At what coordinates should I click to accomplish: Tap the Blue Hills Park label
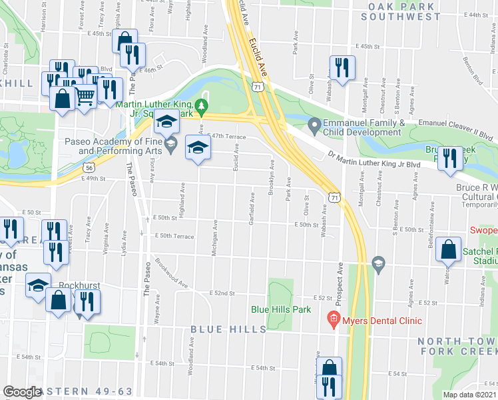(x=281, y=309)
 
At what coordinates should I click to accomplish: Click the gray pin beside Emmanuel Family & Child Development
(x=314, y=125)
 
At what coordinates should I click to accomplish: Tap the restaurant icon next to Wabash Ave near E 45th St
(x=342, y=67)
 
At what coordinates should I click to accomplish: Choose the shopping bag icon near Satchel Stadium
(x=449, y=250)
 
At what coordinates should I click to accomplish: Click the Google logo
(x=22, y=391)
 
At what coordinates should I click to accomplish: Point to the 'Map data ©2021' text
(x=470, y=395)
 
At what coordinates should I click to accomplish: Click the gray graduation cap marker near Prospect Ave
(x=378, y=263)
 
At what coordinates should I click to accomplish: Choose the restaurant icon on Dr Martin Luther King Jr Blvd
(x=449, y=159)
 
